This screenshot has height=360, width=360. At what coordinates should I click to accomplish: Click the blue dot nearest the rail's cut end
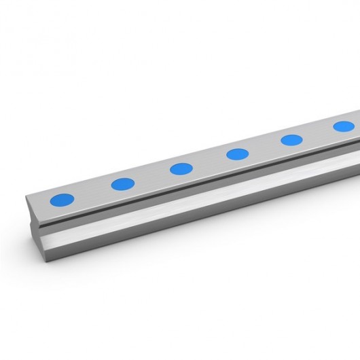pyautogui.click(x=62, y=200)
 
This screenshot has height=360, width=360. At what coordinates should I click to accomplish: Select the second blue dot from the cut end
pyautogui.click(x=123, y=183)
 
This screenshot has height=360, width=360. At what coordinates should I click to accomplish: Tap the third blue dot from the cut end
pyautogui.click(x=181, y=168)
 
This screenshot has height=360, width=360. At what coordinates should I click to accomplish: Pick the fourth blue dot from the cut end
pyautogui.click(x=238, y=154)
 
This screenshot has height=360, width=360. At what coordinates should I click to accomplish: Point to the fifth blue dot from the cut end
pyautogui.click(x=291, y=140)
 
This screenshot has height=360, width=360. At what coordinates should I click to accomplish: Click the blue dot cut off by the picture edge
pyautogui.click(x=344, y=126)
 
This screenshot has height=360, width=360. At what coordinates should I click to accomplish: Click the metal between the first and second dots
pyautogui.click(x=92, y=192)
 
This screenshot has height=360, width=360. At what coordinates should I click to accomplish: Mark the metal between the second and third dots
pyautogui.click(x=152, y=176)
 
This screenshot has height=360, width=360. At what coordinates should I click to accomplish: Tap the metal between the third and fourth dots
pyautogui.click(x=210, y=161)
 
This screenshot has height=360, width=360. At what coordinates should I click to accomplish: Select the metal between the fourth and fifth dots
pyautogui.click(x=265, y=147)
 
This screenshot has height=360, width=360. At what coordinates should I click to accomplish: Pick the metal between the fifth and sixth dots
pyautogui.click(x=318, y=133)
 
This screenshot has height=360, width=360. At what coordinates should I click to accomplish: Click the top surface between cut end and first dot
pyautogui.click(x=41, y=204)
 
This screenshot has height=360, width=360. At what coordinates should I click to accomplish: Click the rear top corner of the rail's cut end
pyautogui.click(x=28, y=197)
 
